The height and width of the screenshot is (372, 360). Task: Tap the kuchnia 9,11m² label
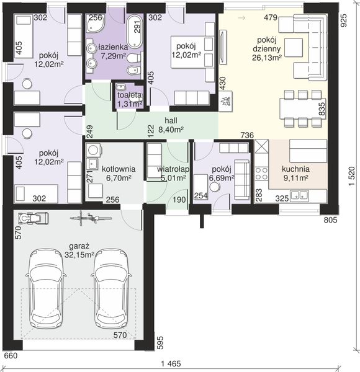295,173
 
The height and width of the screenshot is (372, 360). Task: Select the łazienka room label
113,47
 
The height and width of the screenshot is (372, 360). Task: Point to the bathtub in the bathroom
135,31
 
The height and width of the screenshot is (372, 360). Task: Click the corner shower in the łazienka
95,24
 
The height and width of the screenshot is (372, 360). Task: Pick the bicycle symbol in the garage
90,218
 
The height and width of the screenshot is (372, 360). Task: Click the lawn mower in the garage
34,218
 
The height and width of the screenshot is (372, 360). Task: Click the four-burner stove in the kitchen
262,174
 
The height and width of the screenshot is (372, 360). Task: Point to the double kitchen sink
299,196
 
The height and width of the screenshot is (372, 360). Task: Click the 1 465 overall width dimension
171,364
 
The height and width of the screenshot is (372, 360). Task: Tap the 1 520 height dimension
352,176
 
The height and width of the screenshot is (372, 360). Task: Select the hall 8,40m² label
171,125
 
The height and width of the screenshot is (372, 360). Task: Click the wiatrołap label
173,169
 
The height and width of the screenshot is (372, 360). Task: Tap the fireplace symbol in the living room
225,101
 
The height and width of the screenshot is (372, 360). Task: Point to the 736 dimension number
247,135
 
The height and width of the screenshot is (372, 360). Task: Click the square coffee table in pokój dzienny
294,48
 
